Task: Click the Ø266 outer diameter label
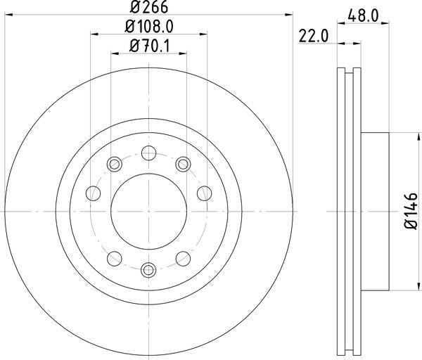click(x=149, y=8)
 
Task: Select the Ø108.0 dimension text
click(x=149, y=28)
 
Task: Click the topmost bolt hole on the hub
click(x=148, y=153)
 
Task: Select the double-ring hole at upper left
click(x=115, y=165)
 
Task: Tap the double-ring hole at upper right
click(x=183, y=165)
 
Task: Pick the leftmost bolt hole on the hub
click(x=91, y=193)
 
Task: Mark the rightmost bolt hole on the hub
click(x=205, y=193)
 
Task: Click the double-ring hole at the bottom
click(x=148, y=269)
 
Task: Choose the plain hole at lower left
click(x=114, y=256)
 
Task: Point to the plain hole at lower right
click(x=183, y=256)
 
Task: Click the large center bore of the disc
click(x=148, y=211)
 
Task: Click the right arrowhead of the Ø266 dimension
click(x=288, y=15)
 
